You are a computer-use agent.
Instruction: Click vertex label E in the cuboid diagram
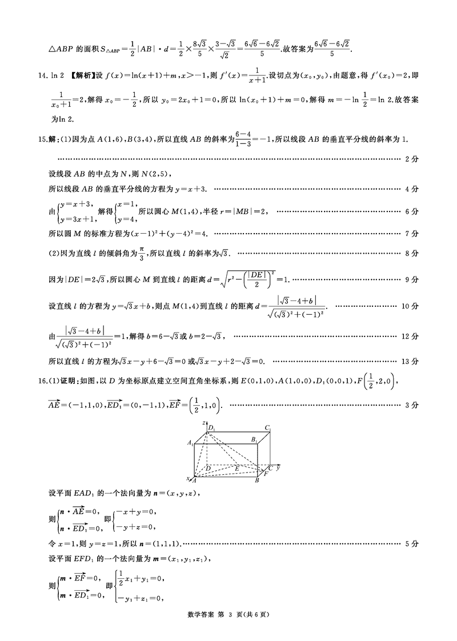coord(237,468)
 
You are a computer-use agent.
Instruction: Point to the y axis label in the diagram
coord(278,468)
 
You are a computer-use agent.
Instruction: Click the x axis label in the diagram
coord(188,478)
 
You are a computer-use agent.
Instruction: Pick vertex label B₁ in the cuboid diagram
coord(253,439)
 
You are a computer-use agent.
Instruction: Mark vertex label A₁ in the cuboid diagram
coord(190,443)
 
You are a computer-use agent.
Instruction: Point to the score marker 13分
coord(410,361)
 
